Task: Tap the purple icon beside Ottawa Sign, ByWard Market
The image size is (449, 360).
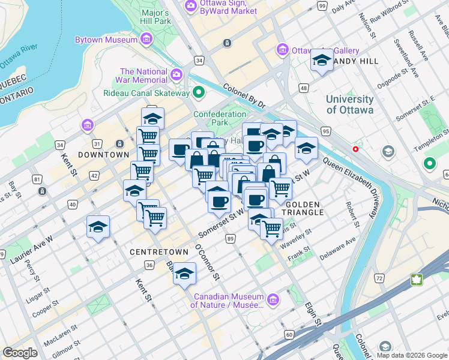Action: point(191,6)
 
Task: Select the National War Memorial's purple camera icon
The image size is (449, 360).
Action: point(176,75)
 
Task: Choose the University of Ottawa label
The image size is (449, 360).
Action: point(349,104)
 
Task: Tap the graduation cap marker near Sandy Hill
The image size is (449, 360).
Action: point(322,61)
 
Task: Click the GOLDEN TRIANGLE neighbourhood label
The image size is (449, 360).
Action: point(299,209)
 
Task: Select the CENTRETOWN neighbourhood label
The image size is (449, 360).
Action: point(152,252)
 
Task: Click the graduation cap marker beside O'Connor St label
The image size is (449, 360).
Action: point(185,274)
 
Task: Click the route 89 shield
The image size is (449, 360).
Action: point(231,239)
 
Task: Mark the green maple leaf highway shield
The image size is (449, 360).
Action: point(415,279)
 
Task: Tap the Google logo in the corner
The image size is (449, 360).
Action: point(20,353)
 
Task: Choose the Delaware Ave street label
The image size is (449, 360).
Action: point(337,248)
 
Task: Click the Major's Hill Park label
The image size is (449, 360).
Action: point(156,17)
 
